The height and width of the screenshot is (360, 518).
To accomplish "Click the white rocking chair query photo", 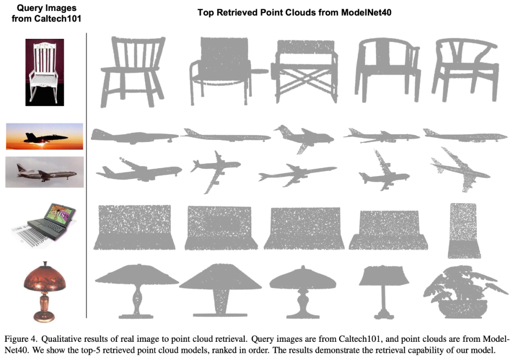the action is pos(45,72).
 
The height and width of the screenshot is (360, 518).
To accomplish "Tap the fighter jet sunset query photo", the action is pos(45,137).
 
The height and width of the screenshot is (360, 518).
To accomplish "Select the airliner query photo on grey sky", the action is pos(45,172).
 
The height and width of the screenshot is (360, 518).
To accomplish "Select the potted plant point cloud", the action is pos(465,292).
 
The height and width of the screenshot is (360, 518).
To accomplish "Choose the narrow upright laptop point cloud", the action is pos(463,231).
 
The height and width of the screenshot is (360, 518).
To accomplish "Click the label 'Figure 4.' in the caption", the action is pos(20,339).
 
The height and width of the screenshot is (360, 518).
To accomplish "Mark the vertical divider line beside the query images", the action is pos(86,175).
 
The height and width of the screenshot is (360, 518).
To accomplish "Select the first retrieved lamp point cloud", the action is pos(137,291).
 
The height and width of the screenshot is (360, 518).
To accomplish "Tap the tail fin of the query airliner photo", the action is pos(21,168).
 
